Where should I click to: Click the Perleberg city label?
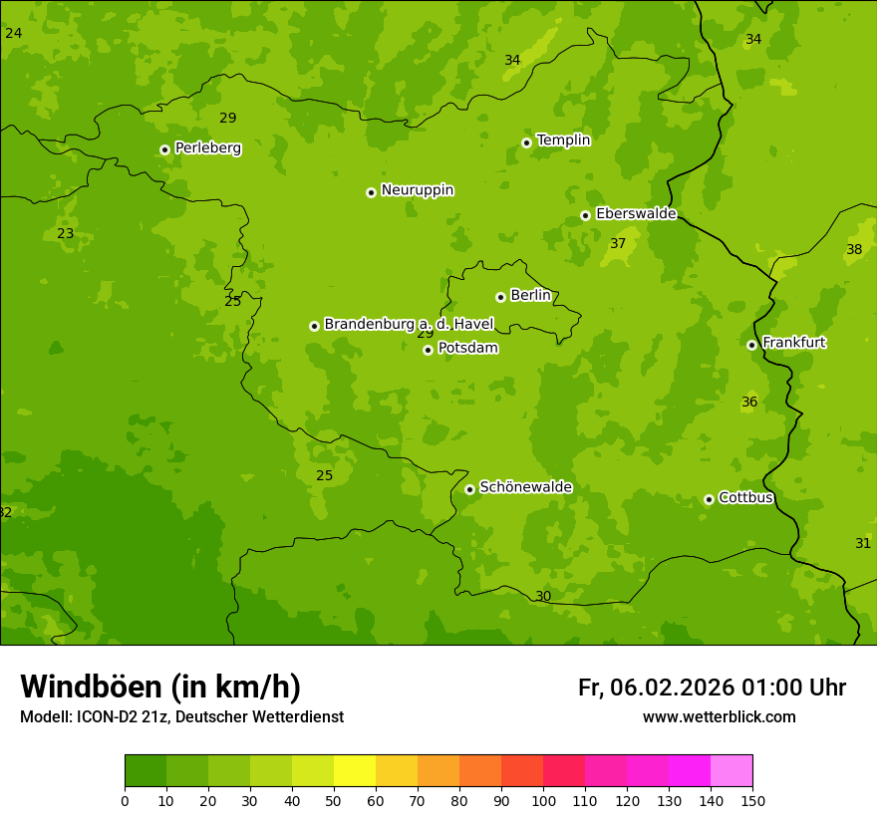[207, 148]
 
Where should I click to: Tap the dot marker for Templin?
[526, 142]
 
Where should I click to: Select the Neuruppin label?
[417, 190]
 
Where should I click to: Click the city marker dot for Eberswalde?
[585, 215]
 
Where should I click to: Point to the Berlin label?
[530, 296]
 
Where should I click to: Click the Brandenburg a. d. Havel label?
[409, 325]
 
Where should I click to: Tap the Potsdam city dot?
[428, 350]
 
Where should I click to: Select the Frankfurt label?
[793, 343]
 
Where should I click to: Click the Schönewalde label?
[525, 487]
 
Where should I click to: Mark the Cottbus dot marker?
[709, 499]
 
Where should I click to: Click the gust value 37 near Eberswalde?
[618, 244]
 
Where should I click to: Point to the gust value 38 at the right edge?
[854, 250]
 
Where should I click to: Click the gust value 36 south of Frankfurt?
[749, 403]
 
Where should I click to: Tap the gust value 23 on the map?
[65, 234]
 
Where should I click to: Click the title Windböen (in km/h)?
[160, 687]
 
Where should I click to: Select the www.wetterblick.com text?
[719, 717]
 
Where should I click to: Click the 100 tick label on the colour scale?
[543, 801]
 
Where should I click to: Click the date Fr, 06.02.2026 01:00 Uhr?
[712, 688]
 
